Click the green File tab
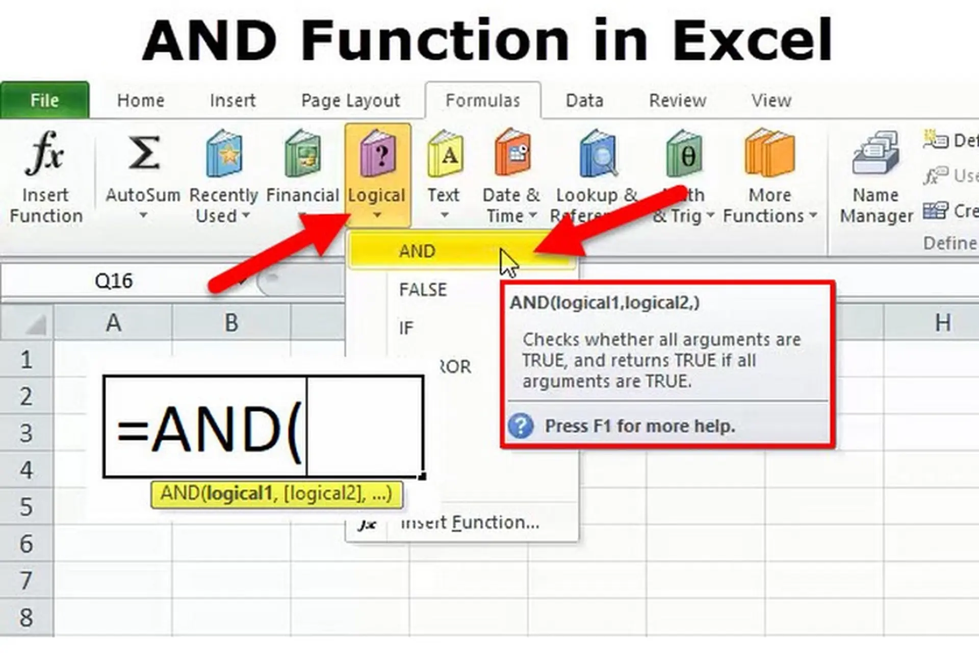click(x=45, y=100)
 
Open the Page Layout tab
click(x=350, y=101)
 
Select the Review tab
click(x=677, y=101)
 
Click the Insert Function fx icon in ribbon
click(x=45, y=153)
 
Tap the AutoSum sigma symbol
click(x=143, y=153)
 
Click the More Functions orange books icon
click(x=770, y=153)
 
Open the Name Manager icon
click(x=875, y=153)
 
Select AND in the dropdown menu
click(x=417, y=251)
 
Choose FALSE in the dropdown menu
click(x=423, y=290)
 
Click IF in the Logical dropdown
click(x=406, y=328)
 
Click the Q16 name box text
click(x=114, y=281)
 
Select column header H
click(x=942, y=322)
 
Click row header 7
click(x=26, y=581)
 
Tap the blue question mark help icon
click(x=521, y=425)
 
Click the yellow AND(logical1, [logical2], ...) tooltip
click(x=276, y=494)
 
